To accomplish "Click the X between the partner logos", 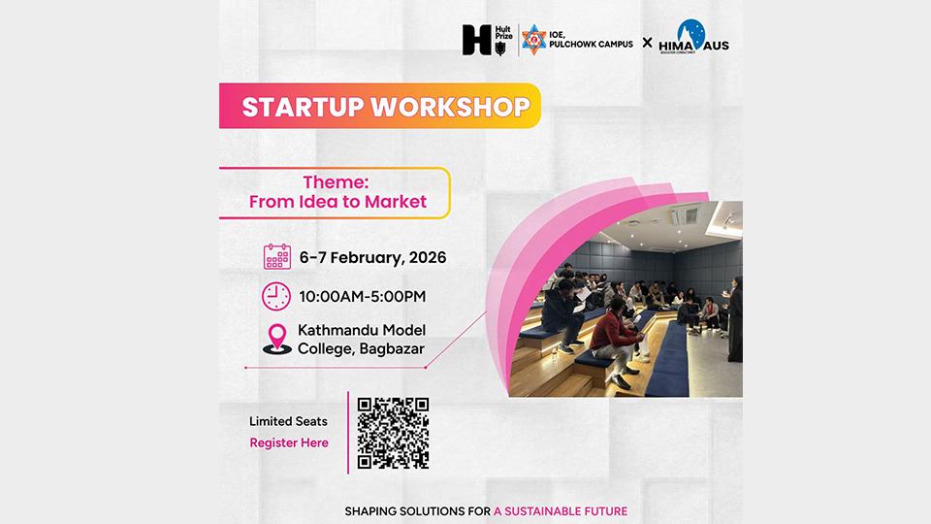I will (x=647, y=43).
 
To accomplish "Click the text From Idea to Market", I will (x=337, y=203).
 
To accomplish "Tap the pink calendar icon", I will (x=277, y=257).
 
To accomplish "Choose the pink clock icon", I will (x=276, y=295).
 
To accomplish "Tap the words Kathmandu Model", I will (x=362, y=330).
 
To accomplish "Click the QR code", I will (x=393, y=432).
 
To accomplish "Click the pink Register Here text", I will (x=289, y=442).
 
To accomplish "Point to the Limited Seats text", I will (x=288, y=421).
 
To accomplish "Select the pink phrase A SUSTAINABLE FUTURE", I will (x=561, y=510).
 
